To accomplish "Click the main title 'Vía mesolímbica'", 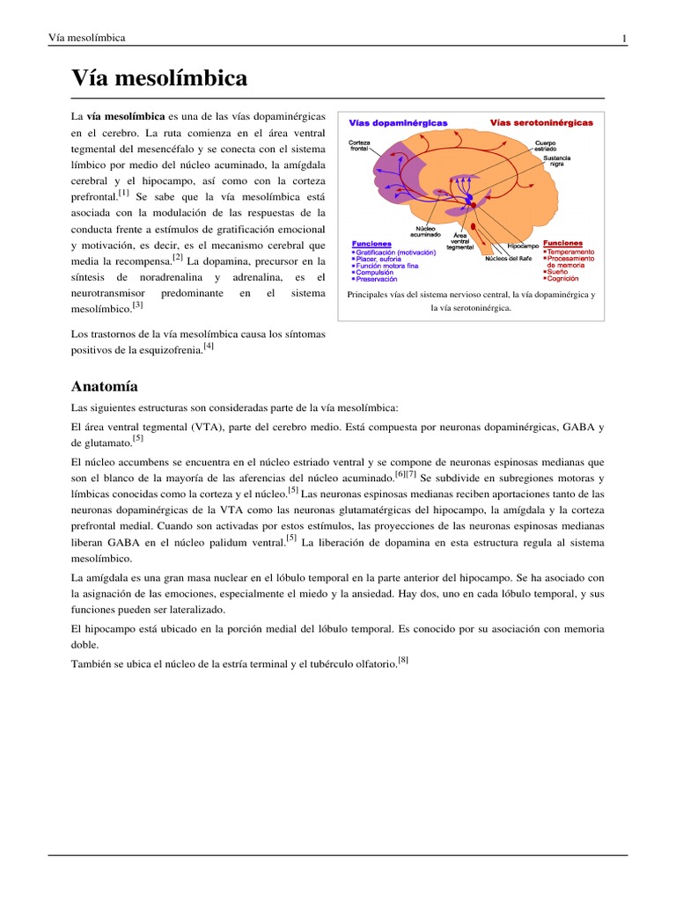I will (158, 79).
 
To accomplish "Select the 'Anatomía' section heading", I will (104, 386).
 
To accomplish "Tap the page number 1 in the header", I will (624, 38).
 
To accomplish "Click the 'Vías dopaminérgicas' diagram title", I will (399, 122).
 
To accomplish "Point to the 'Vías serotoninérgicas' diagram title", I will (541, 122).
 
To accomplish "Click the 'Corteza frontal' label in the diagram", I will (359, 146).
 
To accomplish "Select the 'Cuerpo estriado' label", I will (545, 145).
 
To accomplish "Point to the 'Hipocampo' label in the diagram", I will (524, 245).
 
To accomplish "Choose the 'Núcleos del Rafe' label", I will (508, 259).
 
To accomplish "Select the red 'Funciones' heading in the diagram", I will (562, 243).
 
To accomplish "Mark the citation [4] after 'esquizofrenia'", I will (209, 347).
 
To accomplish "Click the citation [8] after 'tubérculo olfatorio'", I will (403, 660).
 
